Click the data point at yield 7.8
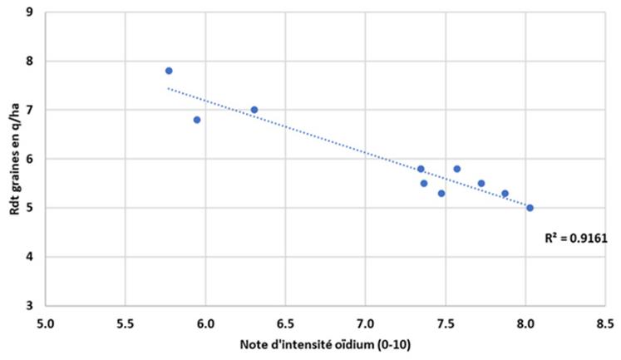(169, 71)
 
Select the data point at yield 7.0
(254, 110)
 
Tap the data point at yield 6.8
(197, 120)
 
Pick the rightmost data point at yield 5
(530, 208)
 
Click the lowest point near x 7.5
(441, 193)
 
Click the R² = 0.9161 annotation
(576, 239)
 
